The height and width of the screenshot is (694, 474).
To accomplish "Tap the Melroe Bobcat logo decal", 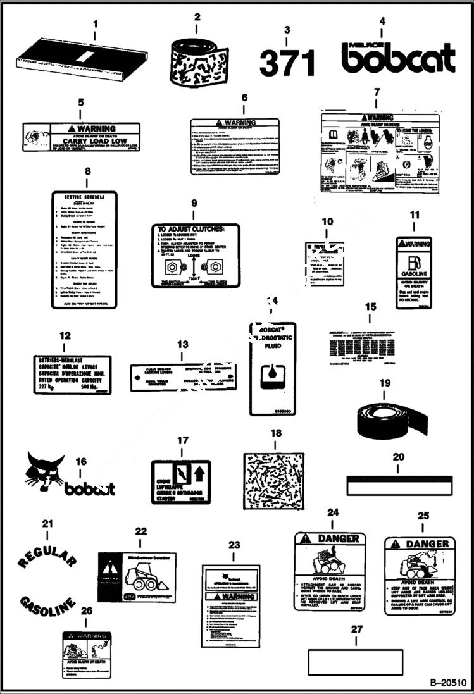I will pyautogui.click(x=398, y=58).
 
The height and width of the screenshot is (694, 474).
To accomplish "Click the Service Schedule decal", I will pyautogui.click(x=84, y=250).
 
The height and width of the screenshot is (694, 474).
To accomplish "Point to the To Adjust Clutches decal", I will pyautogui.click(x=196, y=255).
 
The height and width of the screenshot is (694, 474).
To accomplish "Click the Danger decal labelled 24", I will pyautogui.click(x=330, y=570).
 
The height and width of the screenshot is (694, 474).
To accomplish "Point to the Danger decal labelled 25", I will pyautogui.click(x=420, y=575).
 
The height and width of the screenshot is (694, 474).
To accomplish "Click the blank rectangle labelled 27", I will pyautogui.click(x=355, y=662).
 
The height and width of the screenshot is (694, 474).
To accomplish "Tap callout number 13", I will pyautogui.click(x=183, y=345).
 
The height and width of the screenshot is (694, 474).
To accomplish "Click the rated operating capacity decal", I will pyautogui.click(x=72, y=375).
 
